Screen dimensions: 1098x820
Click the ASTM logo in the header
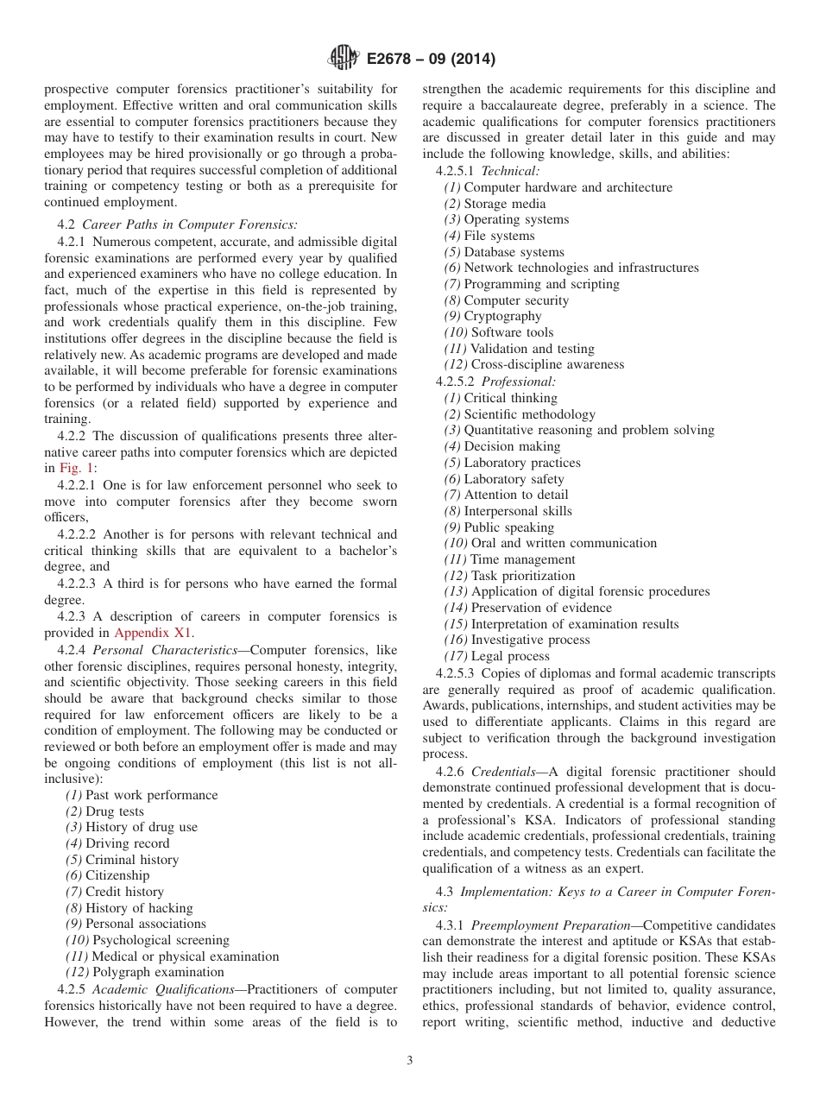(344, 59)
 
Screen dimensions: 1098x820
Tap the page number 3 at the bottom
(410, 1061)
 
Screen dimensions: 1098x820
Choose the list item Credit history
(124, 892)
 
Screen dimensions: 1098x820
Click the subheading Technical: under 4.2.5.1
(510, 171)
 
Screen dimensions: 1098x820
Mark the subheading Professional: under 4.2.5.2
(519, 381)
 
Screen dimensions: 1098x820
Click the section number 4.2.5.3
(455, 673)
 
